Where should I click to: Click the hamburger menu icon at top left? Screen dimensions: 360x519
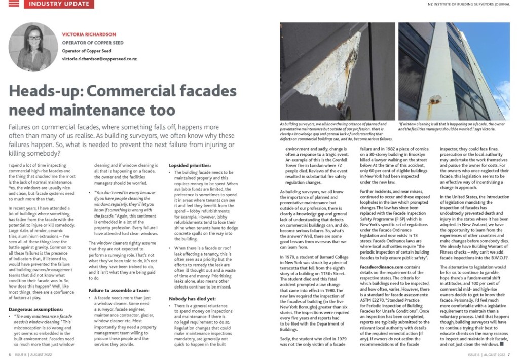click(x=14, y=4)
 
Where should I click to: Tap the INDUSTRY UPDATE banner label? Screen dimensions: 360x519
click(x=59, y=4)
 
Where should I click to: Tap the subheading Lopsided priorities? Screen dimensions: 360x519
click(x=191, y=165)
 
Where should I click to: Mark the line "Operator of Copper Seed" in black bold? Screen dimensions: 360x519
click(x=82, y=51)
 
